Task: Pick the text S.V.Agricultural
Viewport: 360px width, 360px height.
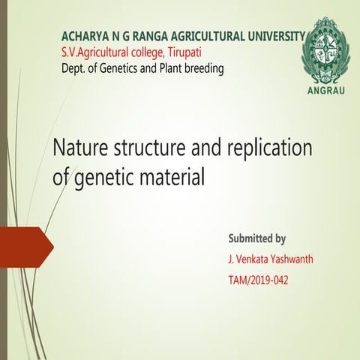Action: click(x=96, y=52)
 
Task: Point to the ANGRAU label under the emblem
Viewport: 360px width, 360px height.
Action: click(x=324, y=91)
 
